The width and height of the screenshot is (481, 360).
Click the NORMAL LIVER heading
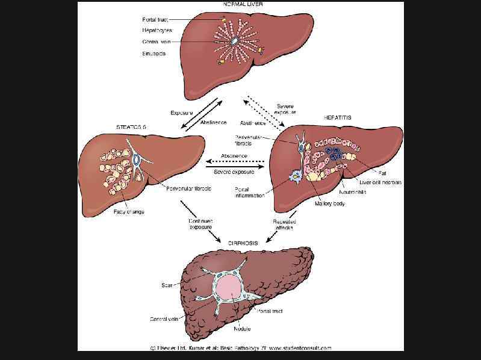point(243,4)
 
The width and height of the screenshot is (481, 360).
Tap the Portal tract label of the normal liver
point(155,19)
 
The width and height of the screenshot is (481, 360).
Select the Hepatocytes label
point(157,30)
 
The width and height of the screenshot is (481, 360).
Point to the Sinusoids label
point(154,53)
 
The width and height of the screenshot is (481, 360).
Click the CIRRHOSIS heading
point(243,243)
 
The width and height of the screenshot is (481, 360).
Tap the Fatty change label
point(128,212)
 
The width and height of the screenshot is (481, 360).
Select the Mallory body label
point(330,203)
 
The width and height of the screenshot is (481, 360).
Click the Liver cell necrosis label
point(380,182)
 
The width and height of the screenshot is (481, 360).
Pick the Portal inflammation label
point(250,192)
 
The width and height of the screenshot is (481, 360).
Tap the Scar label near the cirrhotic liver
point(167,285)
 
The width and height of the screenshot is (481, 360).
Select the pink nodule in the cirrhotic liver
point(232,287)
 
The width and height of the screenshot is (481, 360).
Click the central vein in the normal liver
point(235,41)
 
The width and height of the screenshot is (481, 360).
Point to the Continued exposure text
point(200,225)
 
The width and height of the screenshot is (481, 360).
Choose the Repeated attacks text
point(284,225)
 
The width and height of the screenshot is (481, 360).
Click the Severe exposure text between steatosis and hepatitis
point(234,172)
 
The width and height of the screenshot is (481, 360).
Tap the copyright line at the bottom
point(241,347)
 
